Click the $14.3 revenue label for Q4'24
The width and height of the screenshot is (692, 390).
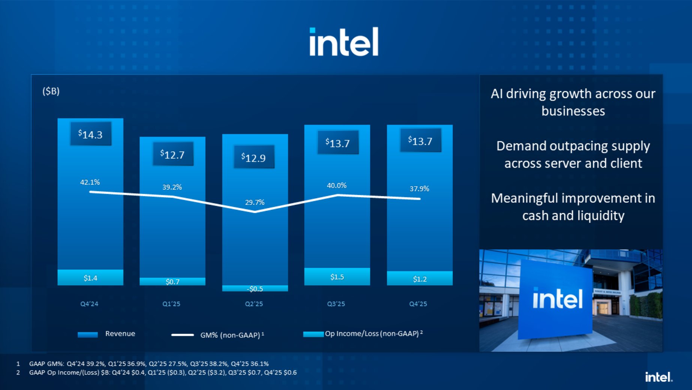click(x=91, y=134)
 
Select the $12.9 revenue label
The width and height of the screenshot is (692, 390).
click(x=254, y=157)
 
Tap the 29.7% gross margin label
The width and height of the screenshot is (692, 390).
click(x=255, y=202)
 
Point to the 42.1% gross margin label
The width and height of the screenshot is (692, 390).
click(x=90, y=182)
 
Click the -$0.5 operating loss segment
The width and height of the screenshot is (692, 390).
click(x=255, y=289)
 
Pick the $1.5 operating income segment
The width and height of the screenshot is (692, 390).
click(x=337, y=277)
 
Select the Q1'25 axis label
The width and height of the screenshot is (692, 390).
click(x=171, y=304)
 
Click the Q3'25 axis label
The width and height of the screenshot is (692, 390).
click(x=336, y=304)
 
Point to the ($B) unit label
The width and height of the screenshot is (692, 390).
click(x=51, y=91)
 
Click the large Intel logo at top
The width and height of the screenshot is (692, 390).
click(x=344, y=42)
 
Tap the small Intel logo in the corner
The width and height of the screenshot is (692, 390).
click(x=659, y=377)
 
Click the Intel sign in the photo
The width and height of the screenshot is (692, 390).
click(x=557, y=299)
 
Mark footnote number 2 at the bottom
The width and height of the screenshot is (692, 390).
click(x=18, y=372)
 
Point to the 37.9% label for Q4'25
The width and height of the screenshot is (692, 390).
click(x=419, y=189)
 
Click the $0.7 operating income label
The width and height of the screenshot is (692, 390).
click(x=172, y=282)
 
